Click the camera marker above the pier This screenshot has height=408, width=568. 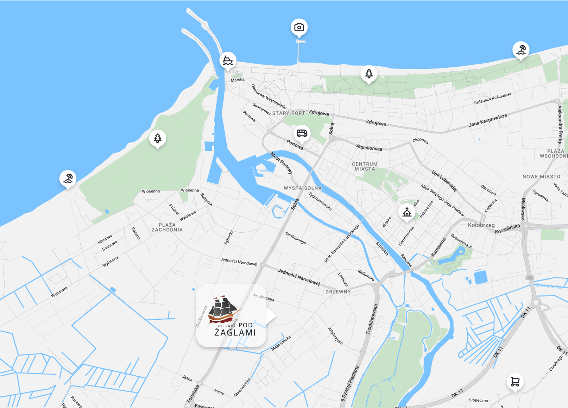click(299, 28)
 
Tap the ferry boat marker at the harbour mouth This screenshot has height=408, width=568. click(228, 60)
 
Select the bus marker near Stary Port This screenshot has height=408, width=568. click(302, 133)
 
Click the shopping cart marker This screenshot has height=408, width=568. click(515, 382)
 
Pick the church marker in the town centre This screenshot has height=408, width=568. click(407, 212)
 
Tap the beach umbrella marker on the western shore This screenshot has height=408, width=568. click(68, 179)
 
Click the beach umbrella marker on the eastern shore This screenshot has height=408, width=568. click(521, 50)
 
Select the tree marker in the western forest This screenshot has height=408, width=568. click(158, 138)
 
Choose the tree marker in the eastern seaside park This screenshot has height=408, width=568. click(369, 74)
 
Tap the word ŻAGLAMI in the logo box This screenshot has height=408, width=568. click(235, 333)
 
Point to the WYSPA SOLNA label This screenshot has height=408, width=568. click(303, 188)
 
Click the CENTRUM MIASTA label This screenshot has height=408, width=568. click(365, 166)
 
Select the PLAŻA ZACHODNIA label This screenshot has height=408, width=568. click(167, 227)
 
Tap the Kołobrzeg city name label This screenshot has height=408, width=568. click(481, 225)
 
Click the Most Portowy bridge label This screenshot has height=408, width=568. click(281, 163)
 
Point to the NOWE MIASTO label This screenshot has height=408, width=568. click(541, 177)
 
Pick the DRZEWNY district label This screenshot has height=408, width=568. click(338, 292)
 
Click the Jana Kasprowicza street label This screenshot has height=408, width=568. click(488, 120)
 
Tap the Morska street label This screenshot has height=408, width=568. click(237, 80)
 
